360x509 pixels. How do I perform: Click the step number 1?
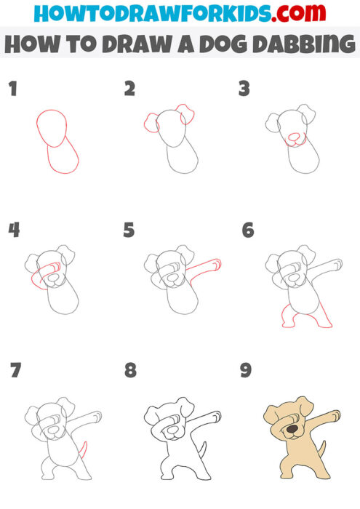click(x=12, y=90)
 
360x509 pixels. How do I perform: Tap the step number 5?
click(x=129, y=231)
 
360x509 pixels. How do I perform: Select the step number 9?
click(x=246, y=371)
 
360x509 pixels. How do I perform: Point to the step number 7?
click(x=15, y=371)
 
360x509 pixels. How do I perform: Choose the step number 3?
click(x=245, y=90)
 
